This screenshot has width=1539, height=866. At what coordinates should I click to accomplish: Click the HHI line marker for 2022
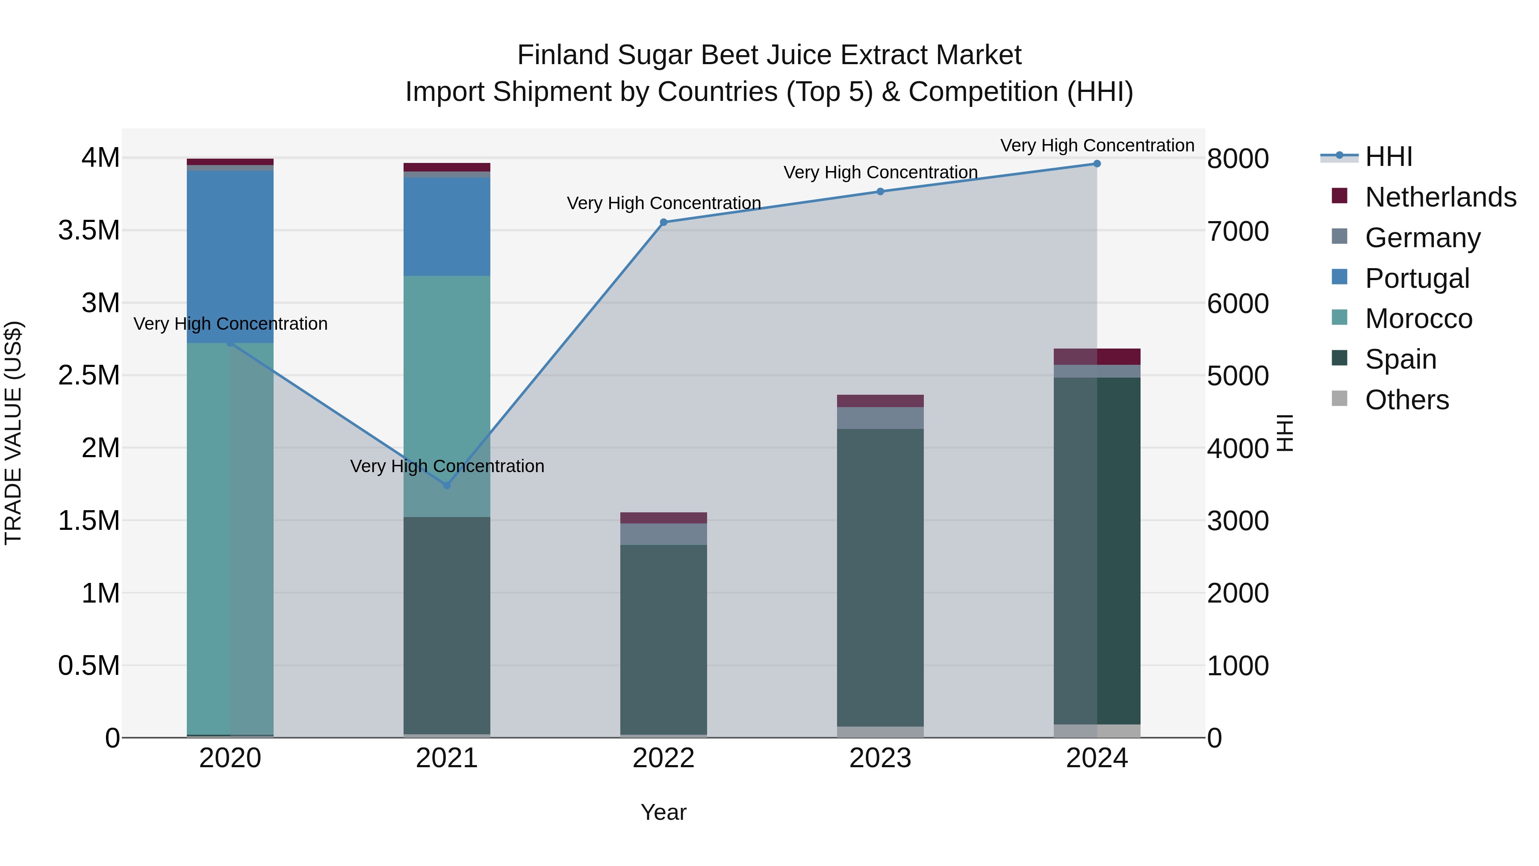(x=663, y=222)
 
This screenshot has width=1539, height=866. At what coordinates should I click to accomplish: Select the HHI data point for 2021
(x=447, y=485)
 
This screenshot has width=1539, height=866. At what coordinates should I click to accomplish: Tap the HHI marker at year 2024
(x=1097, y=164)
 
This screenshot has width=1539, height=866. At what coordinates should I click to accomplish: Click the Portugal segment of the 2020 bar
(x=230, y=257)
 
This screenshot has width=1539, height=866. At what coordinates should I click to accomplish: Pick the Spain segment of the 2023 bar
(x=880, y=577)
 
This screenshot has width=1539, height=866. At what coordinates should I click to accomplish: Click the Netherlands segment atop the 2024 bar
(x=1097, y=357)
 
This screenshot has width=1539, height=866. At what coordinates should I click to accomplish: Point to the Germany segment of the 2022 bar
(x=663, y=534)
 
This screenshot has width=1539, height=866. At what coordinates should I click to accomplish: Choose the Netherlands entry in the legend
(x=1440, y=197)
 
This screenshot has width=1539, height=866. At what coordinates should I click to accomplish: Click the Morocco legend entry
(x=1418, y=319)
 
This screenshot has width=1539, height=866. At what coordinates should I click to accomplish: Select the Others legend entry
(x=1406, y=400)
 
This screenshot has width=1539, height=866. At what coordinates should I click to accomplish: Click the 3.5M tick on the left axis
(x=89, y=231)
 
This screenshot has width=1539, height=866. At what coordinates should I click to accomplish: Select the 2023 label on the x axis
(x=880, y=758)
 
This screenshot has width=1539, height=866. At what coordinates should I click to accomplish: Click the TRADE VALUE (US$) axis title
(x=13, y=433)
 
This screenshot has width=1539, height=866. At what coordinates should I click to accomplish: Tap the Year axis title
(x=663, y=812)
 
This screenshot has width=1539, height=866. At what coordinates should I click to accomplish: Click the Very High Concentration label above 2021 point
(x=447, y=466)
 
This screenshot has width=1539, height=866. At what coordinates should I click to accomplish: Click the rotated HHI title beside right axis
(x=1285, y=433)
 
